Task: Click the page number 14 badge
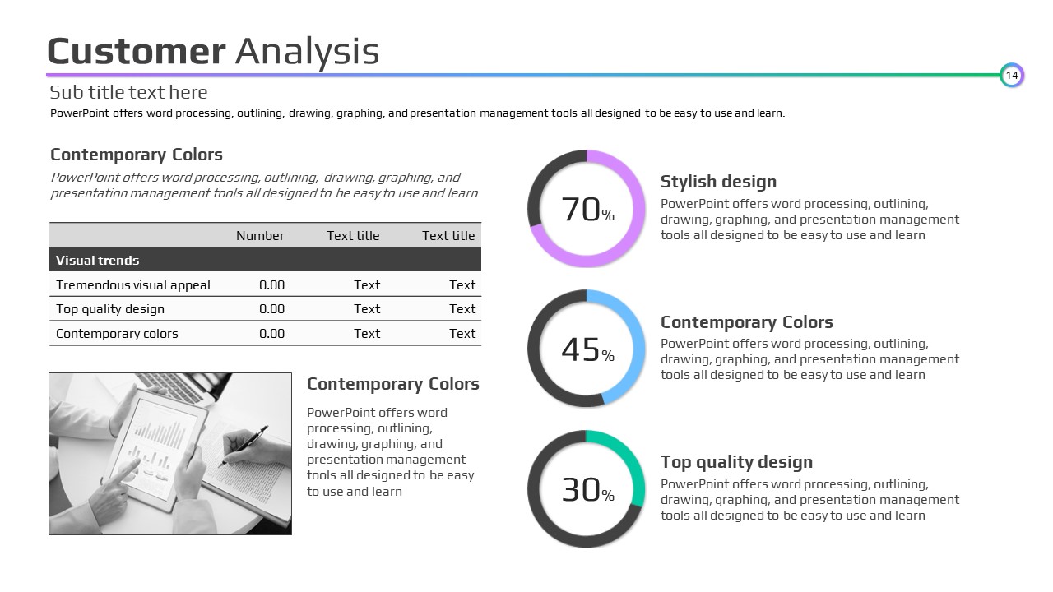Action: (x=1012, y=75)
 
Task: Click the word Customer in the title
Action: (x=137, y=51)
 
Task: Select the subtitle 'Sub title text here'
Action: (x=128, y=92)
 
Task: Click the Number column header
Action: (x=260, y=235)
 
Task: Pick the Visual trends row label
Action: (x=97, y=261)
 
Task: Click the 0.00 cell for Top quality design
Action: (x=271, y=308)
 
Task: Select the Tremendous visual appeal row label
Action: (x=133, y=285)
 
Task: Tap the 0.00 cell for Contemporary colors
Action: (x=271, y=334)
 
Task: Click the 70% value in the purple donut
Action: (x=587, y=210)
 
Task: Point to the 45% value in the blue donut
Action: (x=587, y=349)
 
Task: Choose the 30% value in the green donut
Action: (x=587, y=489)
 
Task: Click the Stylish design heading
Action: (x=718, y=182)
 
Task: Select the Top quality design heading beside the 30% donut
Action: (x=736, y=462)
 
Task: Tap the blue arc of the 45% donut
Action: (x=638, y=348)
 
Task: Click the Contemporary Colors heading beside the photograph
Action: (x=393, y=384)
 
